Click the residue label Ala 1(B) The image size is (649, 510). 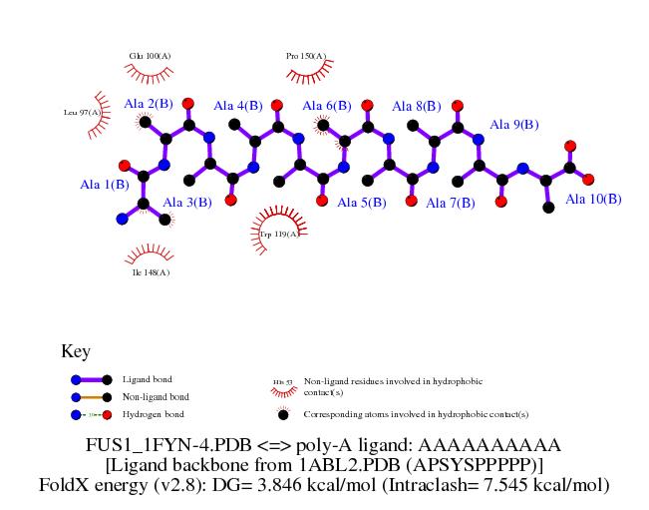pos(105,185)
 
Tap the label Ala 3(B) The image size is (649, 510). pos(187,203)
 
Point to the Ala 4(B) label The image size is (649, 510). pos(237,106)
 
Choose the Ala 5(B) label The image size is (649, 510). pos(362,203)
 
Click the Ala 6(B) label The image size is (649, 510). pos(326,106)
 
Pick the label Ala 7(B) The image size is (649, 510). pos(451,203)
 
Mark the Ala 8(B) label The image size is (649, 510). pos(417,106)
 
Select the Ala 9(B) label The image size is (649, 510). pos(513,126)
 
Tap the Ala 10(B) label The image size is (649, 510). pos(593,200)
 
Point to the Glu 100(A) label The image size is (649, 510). pos(150,56)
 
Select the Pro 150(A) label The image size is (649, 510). pos(306,56)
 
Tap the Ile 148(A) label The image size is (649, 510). pos(151,271)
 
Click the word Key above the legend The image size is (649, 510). pos(76,351)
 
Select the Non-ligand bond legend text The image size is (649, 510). pos(156,396)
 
